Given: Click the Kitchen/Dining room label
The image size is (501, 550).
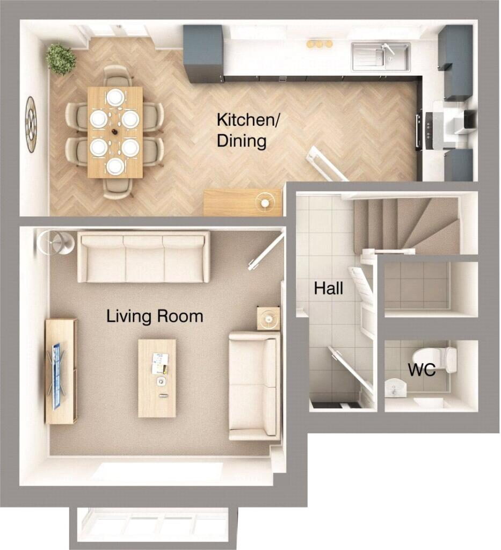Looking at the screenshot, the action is [x=248, y=130].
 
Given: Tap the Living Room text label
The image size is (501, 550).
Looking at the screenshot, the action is [x=155, y=316].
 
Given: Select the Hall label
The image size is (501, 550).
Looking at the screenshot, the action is [x=329, y=288].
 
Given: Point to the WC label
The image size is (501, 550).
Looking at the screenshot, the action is [x=422, y=370].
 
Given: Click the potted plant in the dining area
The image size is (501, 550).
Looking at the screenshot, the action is [x=61, y=59].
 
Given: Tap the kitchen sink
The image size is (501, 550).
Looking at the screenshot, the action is [x=381, y=56].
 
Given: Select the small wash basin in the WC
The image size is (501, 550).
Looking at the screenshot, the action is [x=396, y=388].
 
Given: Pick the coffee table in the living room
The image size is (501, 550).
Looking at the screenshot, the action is [x=157, y=378].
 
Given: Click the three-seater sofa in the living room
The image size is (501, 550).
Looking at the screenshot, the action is [x=143, y=257].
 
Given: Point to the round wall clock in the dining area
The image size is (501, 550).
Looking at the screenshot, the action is [x=31, y=125].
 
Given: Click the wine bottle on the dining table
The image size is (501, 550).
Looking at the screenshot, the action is [x=114, y=132].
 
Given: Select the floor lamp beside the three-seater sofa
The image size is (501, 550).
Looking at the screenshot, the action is [x=55, y=242].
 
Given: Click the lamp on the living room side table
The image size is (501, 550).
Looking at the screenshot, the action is [x=269, y=319].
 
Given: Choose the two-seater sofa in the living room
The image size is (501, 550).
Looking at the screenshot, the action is [x=255, y=386].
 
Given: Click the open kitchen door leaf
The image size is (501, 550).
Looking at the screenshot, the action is [x=328, y=164].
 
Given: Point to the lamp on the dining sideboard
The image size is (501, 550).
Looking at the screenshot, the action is [x=265, y=202].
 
